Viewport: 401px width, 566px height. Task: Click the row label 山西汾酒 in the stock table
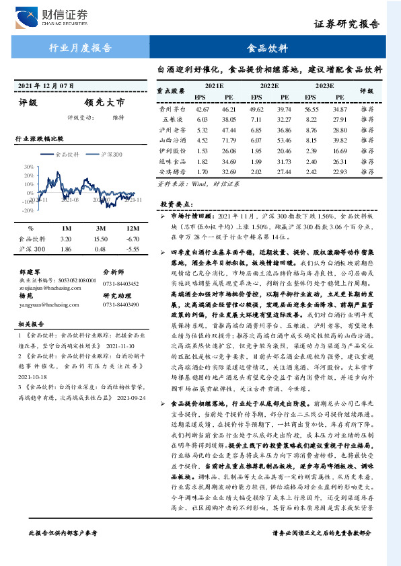click(x=172, y=140)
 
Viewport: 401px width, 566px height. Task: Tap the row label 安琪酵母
click(x=172, y=173)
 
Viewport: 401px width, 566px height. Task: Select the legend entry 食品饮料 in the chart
click(x=67, y=154)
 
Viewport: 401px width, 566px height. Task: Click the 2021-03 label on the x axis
click(x=70, y=200)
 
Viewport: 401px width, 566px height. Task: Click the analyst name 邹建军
click(x=31, y=272)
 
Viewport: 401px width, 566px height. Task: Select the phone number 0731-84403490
click(x=122, y=305)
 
